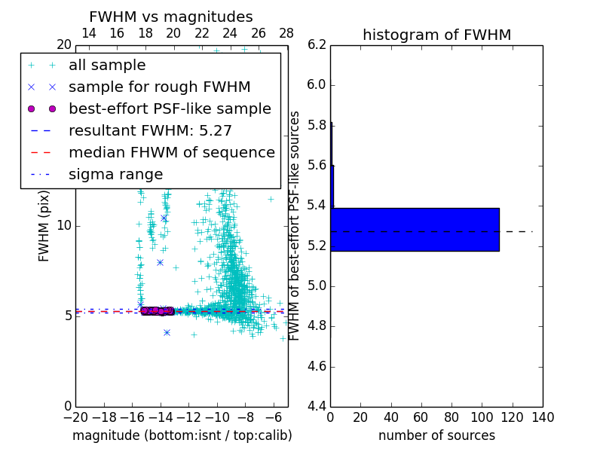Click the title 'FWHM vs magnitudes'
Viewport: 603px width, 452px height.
[171, 17]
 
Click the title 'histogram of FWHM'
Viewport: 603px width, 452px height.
[436, 35]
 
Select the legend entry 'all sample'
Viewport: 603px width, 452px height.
[107, 66]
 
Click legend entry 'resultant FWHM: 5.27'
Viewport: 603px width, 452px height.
[150, 131]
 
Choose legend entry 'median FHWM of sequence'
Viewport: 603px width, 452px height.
[171, 153]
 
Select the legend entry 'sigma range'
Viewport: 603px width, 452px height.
[115, 175]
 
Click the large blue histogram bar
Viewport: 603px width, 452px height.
[415, 230]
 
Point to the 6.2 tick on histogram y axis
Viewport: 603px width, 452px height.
[317, 44]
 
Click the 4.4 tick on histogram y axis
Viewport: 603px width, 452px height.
[317, 406]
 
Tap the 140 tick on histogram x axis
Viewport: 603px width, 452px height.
[543, 417]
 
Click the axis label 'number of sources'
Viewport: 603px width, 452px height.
[436, 435]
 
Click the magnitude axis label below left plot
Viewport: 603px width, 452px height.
[182, 435]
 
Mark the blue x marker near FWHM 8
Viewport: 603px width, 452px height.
[160, 262]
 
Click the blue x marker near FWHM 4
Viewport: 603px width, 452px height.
[167, 332]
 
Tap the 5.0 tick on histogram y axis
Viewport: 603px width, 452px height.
[317, 286]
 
